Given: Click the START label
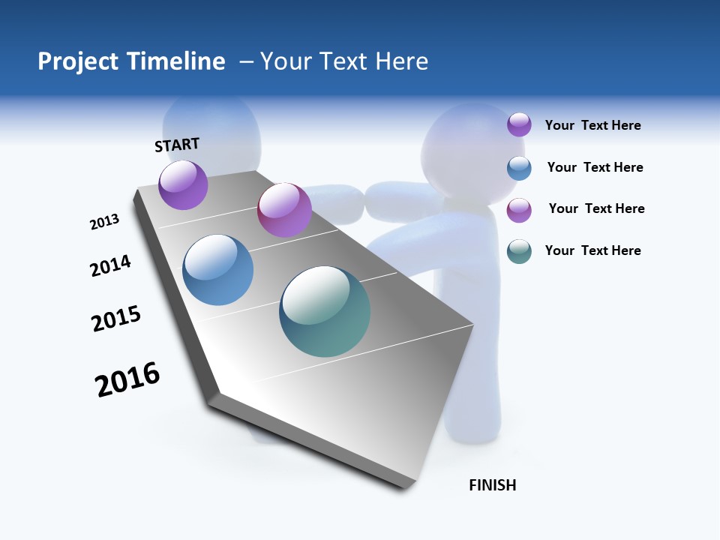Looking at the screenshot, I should (x=177, y=145).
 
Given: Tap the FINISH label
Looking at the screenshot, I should (x=493, y=485).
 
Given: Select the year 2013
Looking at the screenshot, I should (x=104, y=222).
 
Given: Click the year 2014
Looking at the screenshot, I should (x=110, y=265).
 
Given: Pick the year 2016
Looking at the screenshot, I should (x=127, y=379).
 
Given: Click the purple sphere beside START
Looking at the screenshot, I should (x=183, y=184).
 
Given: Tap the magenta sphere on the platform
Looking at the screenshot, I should (x=284, y=209).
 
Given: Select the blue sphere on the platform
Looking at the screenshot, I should (x=218, y=270).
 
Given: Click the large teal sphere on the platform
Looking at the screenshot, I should (x=325, y=311).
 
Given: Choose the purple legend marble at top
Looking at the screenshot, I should (x=519, y=124).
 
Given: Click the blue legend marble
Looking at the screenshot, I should (x=519, y=167).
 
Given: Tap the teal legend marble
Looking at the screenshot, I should (x=519, y=250).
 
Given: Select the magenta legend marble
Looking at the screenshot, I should (x=519, y=209).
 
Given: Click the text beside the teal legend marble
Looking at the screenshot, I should (x=592, y=250).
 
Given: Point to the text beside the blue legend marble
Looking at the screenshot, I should (x=595, y=167).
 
